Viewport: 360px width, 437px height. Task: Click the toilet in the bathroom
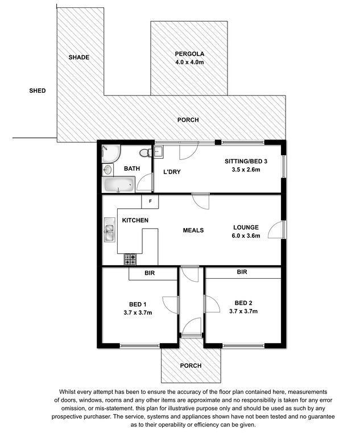point(145,152)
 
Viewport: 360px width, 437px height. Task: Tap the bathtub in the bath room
point(118,184)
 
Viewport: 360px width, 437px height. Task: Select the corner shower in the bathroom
point(111,153)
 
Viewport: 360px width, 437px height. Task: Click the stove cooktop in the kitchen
point(130,259)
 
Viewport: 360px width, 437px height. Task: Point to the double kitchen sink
point(110,229)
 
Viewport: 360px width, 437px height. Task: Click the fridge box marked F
point(150,201)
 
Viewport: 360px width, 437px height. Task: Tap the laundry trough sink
point(158,151)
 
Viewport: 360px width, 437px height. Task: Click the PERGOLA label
point(189,54)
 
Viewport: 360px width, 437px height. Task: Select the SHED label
point(38,90)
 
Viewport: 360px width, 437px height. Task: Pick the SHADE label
point(79,57)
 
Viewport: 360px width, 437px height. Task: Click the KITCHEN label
point(135,220)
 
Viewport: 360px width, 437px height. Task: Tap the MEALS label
point(193,230)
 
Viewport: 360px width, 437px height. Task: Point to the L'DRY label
point(172,172)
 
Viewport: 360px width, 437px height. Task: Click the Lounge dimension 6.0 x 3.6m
point(246,236)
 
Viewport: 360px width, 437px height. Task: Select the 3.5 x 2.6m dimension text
point(246,170)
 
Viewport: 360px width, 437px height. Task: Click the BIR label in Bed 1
point(150,273)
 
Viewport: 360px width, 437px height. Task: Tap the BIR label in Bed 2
point(242,272)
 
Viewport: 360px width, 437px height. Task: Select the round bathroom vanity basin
point(107,169)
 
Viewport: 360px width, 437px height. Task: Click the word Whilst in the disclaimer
point(67,392)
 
